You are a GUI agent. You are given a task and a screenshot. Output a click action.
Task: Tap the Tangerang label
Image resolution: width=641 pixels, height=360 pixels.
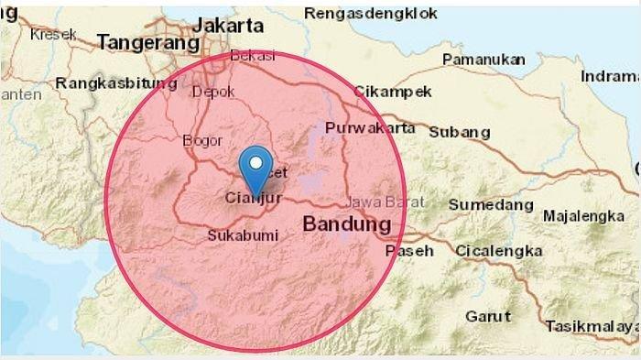click(x=148, y=42)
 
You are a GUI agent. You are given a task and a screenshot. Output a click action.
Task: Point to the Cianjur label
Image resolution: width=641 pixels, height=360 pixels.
click(x=252, y=196)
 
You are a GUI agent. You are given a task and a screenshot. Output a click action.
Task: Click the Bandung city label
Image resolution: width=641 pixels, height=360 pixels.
click(x=347, y=224)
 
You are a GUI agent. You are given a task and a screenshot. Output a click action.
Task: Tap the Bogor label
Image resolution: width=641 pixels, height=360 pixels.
click(x=203, y=140)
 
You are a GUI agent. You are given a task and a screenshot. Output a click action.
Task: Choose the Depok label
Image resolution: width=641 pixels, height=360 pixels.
click(x=213, y=92)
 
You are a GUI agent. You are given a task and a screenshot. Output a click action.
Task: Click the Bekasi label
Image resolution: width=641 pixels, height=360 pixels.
click(x=253, y=56)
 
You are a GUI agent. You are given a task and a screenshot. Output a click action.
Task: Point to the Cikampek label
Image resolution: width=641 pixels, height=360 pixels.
click(x=379, y=93)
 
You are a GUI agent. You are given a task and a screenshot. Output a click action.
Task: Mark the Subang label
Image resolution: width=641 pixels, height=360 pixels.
click(x=459, y=132)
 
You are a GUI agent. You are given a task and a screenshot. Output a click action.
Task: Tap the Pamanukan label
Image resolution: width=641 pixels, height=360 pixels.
click(x=483, y=60)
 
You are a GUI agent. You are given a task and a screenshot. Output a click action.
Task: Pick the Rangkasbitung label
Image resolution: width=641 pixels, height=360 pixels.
click(x=116, y=83)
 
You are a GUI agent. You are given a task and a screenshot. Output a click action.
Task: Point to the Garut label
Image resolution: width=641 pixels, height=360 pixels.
click(x=487, y=317)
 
